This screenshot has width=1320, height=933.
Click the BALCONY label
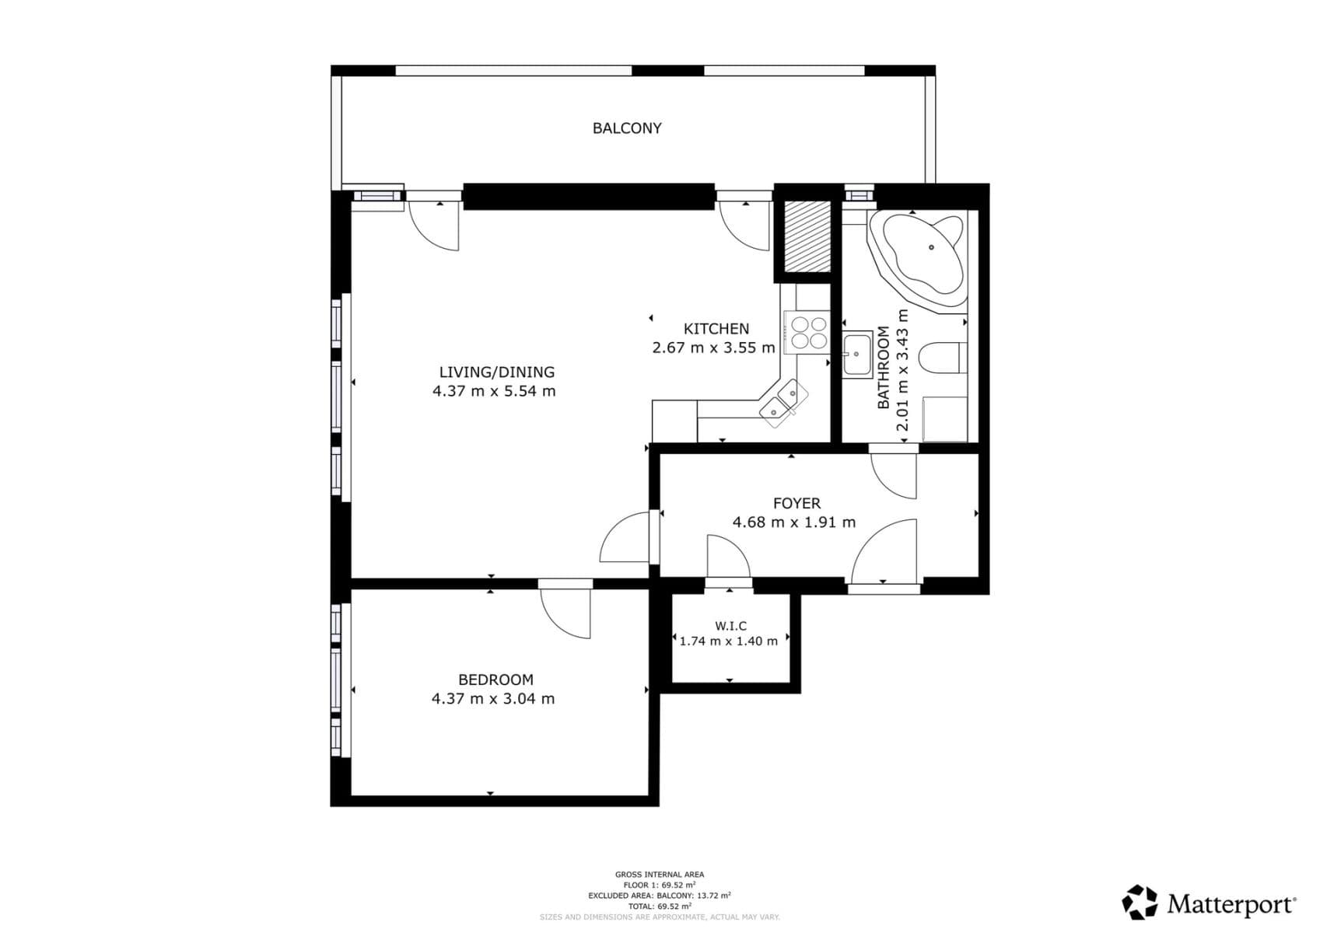click(x=627, y=128)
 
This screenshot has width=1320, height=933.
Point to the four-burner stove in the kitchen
click(x=808, y=332)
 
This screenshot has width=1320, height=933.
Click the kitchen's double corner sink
click(x=783, y=402)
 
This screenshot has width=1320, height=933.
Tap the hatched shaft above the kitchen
click(x=807, y=236)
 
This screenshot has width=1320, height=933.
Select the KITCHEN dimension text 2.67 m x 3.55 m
click(x=713, y=348)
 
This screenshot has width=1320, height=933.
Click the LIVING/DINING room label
click(x=496, y=372)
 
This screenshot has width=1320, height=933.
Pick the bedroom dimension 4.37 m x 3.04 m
click(x=493, y=698)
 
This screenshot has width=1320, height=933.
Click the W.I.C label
click(x=730, y=626)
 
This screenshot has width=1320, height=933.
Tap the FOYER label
click(x=797, y=503)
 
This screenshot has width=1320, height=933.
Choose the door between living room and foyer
click(x=626, y=538)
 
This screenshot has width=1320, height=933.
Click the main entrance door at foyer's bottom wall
click(x=885, y=552)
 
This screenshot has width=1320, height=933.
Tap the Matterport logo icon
click(x=1140, y=903)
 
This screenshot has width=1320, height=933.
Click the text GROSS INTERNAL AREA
click(x=659, y=875)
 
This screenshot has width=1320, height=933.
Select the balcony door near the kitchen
click(x=745, y=224)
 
